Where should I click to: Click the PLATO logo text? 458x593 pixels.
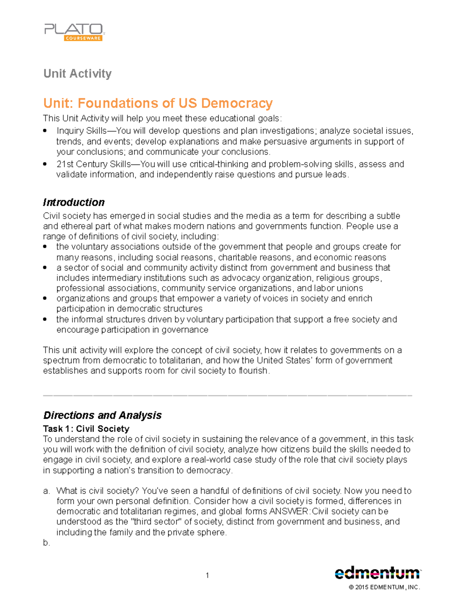[x=74, y=29]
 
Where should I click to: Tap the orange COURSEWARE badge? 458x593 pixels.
[x=83, y=38]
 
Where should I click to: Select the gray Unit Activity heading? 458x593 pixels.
[x=77, y=73]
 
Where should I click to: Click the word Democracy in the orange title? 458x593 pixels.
[x=237, y=103]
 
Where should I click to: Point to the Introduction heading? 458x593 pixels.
[x=74, y=202]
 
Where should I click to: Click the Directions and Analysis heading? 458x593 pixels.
[x=102, y=415]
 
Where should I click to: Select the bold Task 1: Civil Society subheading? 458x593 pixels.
[x=86, y=428]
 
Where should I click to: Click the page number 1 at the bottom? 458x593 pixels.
[x=207, y=575]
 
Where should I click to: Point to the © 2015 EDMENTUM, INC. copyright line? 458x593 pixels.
[x=384, y=587]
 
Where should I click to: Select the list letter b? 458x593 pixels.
[x=46, y=543]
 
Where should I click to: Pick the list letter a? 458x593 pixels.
[x=46, y=491]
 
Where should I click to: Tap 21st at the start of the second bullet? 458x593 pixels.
[x=65, y=164]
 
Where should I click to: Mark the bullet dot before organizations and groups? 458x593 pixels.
[x=45, y=299]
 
